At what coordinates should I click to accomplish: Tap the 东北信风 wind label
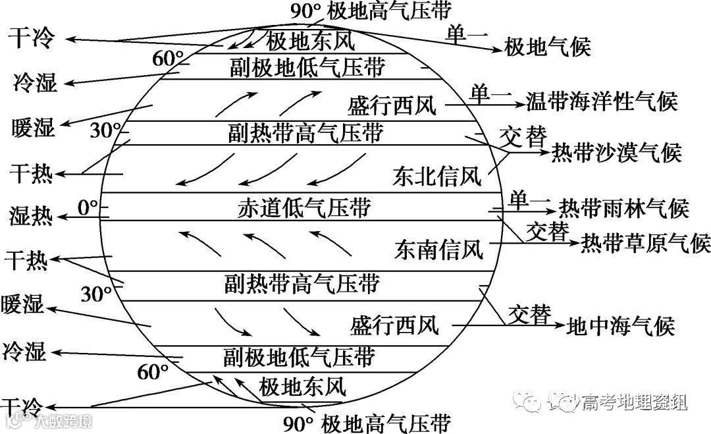[437, 176]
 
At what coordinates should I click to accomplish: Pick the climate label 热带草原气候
[645, 243]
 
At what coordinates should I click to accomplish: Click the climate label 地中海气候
[621, 325]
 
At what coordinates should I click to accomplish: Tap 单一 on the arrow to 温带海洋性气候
[490, 95]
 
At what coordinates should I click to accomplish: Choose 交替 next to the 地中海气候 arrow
[529, 314]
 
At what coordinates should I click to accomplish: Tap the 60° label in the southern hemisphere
[153, 372]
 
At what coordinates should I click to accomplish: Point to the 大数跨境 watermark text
[64, 421]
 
